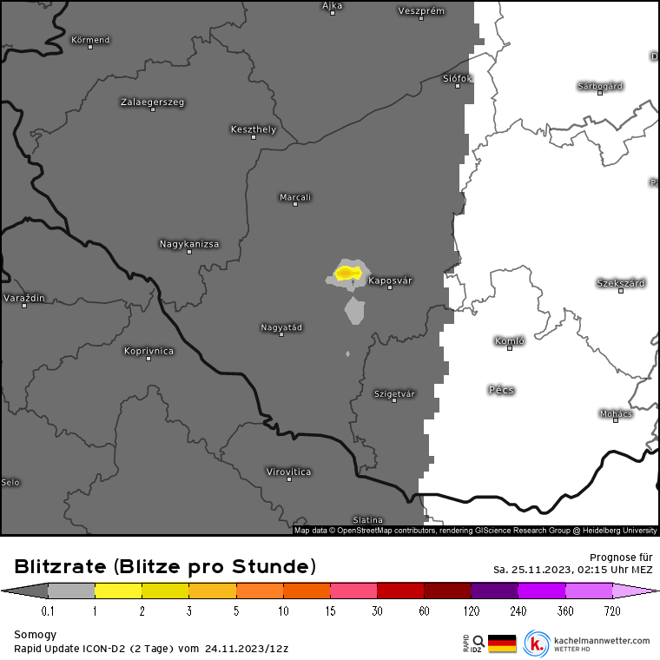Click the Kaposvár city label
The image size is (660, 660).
pyautogui.click(x=390, y=280)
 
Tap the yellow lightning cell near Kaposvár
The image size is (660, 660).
pyautogui.click(x=347, y=274)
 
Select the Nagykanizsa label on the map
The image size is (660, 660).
pyautogui.click(x=189, y=244)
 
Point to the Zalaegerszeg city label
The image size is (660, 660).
pyautogui.click(x=152, y=102)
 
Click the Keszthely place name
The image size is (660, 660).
pyautogui.click(x=254, y=129)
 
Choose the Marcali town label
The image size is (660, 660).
pyautogui.click(x=295, y=197)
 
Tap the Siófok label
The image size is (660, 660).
pyautogui.click(x=458, y=78)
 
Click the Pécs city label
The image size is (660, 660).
pyautogui.click(x=501, y=390)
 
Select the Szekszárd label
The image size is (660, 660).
pyautogui.click(x=621, y=283)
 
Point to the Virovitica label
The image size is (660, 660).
pyautogui.click(x=288, y=472)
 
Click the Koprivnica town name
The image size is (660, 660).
pyautogui.click(x=148, y=351)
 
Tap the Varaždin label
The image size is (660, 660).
pyautogui.click(x=24, y=298)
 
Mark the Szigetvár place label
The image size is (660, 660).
pyautogui.click(x=394, y=393)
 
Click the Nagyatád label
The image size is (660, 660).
pyautogui.click(x=281, y=327)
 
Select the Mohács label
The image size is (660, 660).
pyautogui.click(x=616, y=413)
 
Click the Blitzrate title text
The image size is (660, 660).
pyautogui.click(x=165, y=567)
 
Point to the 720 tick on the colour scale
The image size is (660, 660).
pyautogui.click(x=612, y=611)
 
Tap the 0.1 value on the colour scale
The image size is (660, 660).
pyautogui.click(x=48, y=611)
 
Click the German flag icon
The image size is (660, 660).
pyautogui.click(x=502, y=643)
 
